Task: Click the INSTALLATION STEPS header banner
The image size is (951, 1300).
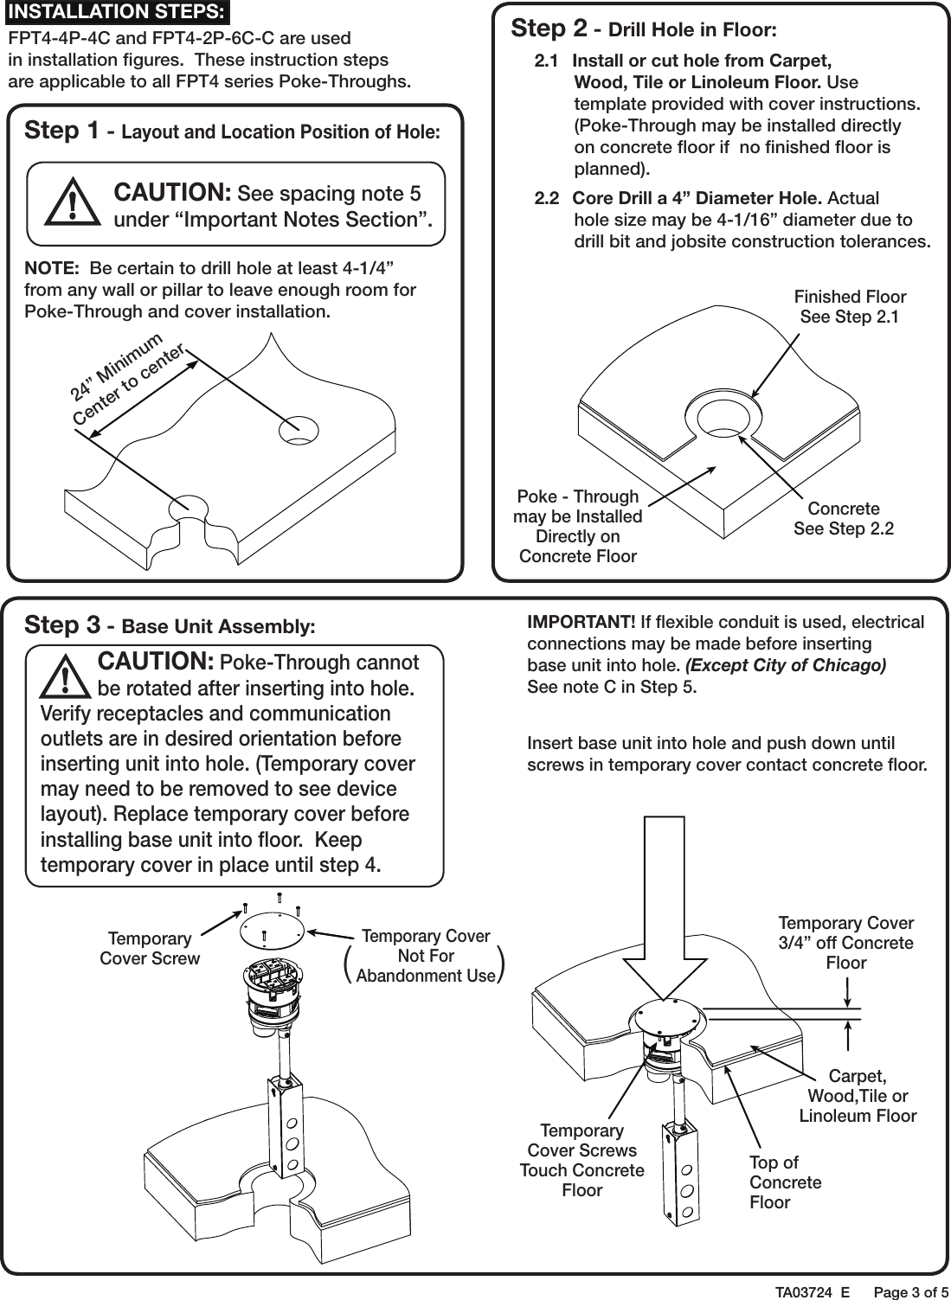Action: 116,12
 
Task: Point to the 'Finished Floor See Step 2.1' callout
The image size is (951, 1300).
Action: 849,307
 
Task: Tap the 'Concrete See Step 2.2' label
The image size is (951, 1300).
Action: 843,518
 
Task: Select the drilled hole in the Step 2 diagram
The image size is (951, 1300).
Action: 723,418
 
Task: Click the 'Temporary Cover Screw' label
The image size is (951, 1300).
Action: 150,948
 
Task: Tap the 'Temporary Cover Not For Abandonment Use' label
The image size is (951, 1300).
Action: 425,956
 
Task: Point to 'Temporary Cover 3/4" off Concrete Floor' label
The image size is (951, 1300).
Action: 845,943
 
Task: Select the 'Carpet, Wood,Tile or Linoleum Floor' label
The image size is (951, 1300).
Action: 857,1096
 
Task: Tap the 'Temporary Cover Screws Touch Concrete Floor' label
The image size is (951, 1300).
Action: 582,1160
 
